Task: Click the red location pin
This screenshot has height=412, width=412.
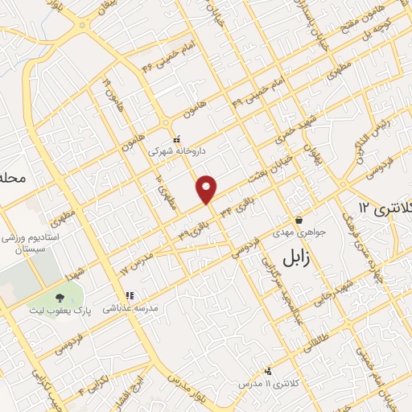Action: coord(208,189)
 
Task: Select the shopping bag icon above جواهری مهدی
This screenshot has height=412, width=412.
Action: coord(299,220)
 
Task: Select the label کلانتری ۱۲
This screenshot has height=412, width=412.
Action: coord(385,207)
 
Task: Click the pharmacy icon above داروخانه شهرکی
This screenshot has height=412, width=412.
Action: coord(176,139)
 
